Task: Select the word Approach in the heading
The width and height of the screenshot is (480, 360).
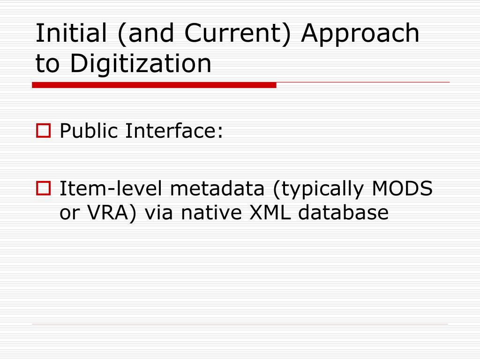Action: (x=360, y=34)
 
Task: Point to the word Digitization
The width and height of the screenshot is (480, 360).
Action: (x=141, y=64)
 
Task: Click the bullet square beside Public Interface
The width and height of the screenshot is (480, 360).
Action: (x=43, y=132)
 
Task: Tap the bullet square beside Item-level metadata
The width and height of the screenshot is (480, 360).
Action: (x=43, y=189)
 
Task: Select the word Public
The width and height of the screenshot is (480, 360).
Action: (x=89, y=132)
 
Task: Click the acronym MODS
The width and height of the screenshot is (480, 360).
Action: (x=403, y=189)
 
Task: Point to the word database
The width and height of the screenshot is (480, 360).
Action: (x=344, y=213)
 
